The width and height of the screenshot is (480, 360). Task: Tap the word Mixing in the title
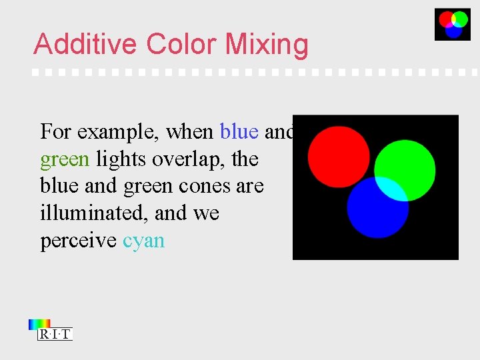click(x=267, y=45)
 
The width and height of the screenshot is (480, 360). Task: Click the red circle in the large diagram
click(x=337, y=155)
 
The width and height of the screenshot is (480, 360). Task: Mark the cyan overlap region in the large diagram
click(x=393, y=189)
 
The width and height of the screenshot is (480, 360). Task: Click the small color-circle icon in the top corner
click(x=453, y=24)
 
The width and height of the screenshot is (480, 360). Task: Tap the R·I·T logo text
click(x=55, y=335)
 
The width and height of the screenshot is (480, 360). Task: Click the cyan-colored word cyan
click(x=143, y=241)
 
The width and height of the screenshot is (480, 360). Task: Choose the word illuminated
click(x=93, y=213)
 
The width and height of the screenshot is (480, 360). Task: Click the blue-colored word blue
click(x=239, y=132)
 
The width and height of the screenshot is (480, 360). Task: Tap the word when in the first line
click(x=189, y=132)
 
